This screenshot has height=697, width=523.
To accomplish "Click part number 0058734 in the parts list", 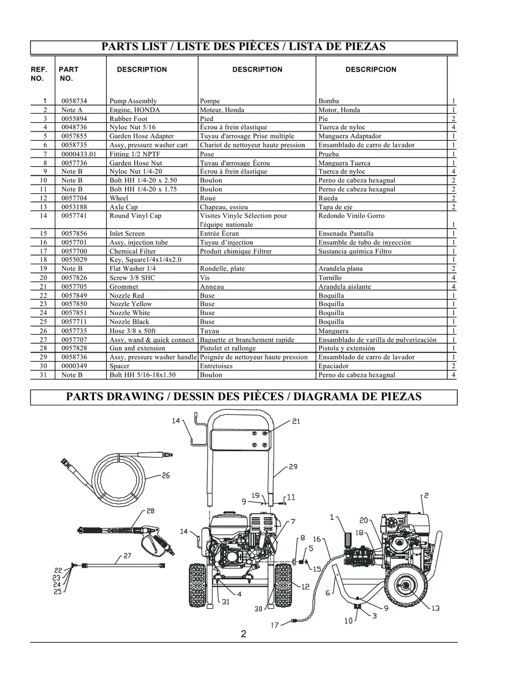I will tap(74, 101).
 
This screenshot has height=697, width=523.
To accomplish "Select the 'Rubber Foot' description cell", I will tap(128, 119).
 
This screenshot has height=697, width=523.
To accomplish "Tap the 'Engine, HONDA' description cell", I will tap(135, 110).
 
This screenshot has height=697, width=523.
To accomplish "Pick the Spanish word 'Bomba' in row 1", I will tap(328, 101).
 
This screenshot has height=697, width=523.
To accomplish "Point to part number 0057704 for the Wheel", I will tap(74, 198).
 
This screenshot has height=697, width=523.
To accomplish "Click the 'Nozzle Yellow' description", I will tap(130, 304).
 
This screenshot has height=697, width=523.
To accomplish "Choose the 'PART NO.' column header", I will tap(68, 73).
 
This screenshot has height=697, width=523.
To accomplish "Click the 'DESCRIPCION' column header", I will tap(371, 69).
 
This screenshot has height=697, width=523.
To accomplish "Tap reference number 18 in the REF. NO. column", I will tap(43, 260).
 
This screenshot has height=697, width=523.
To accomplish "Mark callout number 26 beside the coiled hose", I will tap(165, 476).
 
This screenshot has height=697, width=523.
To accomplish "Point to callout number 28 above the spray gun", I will tap(150, 511).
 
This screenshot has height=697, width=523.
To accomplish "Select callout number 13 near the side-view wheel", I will tap(435, 608).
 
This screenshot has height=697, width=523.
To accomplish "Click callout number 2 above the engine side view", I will tap(425, 495).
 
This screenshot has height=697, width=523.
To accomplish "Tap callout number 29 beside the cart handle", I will tap(293, 466).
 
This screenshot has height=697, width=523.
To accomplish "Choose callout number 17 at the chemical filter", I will tap(275, 625).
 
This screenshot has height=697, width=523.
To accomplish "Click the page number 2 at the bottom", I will tap(244, 634).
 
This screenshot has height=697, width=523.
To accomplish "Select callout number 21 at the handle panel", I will tap(296, 422).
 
